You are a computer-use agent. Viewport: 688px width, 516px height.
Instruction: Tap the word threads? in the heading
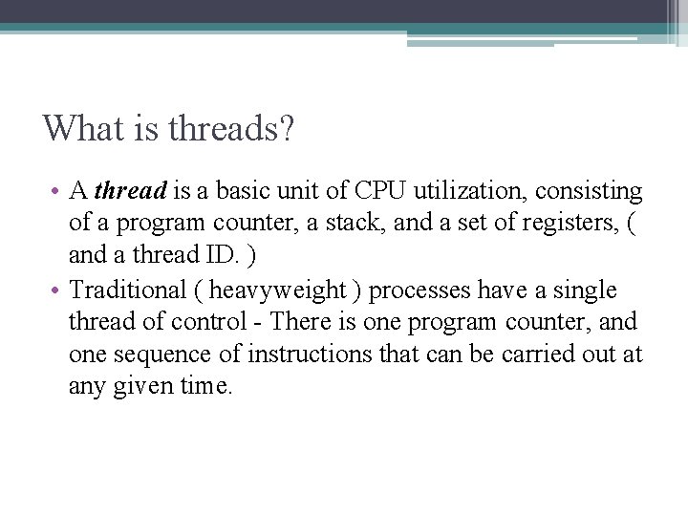pos(230,128)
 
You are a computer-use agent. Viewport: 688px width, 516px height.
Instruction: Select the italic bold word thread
pos(131,191)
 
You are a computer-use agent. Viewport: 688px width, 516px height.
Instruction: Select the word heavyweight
pos(278,290)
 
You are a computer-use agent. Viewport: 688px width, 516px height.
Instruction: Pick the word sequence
pos(155,354)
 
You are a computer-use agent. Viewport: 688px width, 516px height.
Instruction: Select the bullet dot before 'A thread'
pos(56,192)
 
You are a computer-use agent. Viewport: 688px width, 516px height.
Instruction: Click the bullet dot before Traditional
pos(56,290)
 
